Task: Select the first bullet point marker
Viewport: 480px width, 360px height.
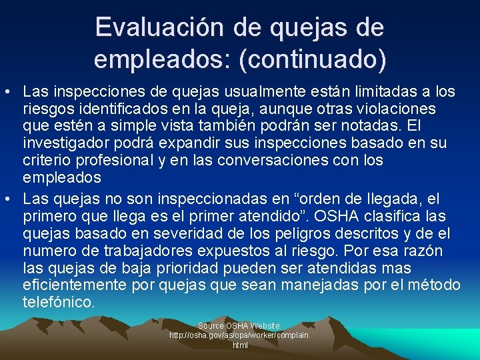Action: (9, 90)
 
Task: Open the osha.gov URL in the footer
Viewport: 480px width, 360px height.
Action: (239, 336)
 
